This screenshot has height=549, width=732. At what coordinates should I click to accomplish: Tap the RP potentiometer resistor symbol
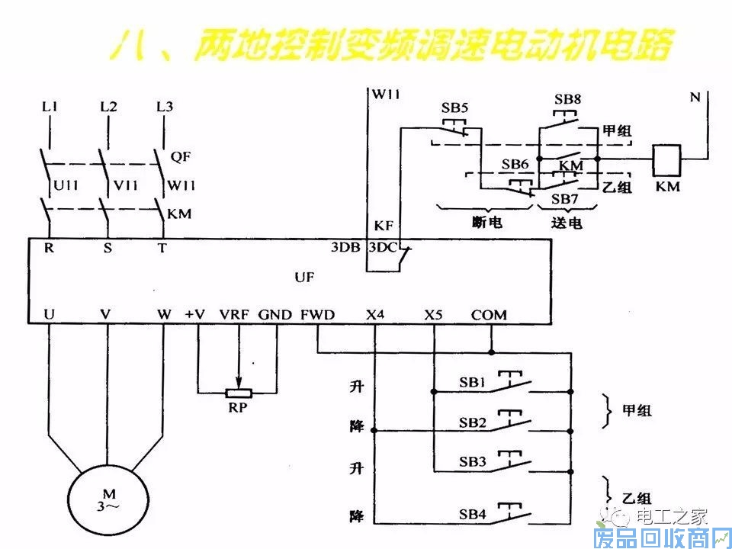[239, 393]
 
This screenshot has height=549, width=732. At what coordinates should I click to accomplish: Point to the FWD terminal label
[316, 314]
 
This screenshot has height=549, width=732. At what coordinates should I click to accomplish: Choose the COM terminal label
[489, 314]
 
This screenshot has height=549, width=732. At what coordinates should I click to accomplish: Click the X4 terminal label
[375, 314]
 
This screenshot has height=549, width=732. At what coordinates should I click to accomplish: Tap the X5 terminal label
[434, 314]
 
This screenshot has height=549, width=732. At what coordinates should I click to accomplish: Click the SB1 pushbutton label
[473, 382]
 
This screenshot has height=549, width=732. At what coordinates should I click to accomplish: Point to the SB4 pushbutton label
[473, 514]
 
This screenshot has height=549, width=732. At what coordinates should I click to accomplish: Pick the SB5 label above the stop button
[454, 108]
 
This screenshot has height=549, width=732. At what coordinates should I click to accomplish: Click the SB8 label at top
[567, 99]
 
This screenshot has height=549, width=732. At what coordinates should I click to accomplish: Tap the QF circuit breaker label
[180, 158]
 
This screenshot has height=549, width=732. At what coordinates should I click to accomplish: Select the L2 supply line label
[108, 107]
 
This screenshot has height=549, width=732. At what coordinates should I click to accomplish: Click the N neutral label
[694, 97]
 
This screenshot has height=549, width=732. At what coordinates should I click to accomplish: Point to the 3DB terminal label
[345, 247]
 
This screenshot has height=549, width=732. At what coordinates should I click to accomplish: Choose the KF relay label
[384, 226]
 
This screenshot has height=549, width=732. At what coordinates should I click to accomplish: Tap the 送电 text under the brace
[565, 223]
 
